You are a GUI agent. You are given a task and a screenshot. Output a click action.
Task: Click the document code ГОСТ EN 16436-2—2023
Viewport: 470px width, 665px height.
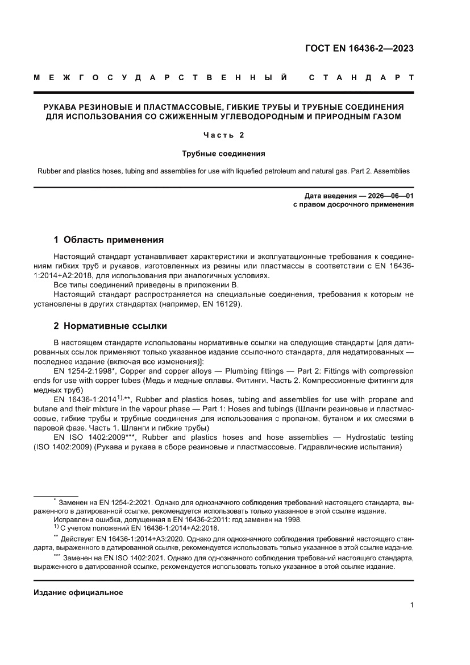tap(359, 48)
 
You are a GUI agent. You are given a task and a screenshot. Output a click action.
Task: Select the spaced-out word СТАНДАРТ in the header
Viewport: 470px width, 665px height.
tap(361, 77)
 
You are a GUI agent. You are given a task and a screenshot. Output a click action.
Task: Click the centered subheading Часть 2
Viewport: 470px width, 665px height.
tap(223, 135)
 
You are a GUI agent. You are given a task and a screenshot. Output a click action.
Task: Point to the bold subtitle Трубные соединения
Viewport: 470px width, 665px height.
tap(223, 154)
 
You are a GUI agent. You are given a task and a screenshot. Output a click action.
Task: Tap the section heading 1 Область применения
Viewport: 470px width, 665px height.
tap(109, 239)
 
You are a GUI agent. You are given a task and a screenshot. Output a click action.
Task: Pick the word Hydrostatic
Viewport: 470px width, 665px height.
tap(373, 437)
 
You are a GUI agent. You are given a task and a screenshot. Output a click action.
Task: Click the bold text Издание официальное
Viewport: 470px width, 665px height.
tap(78, 592)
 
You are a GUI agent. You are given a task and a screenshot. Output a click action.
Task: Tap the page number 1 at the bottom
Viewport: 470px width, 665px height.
tap(411, 605)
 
